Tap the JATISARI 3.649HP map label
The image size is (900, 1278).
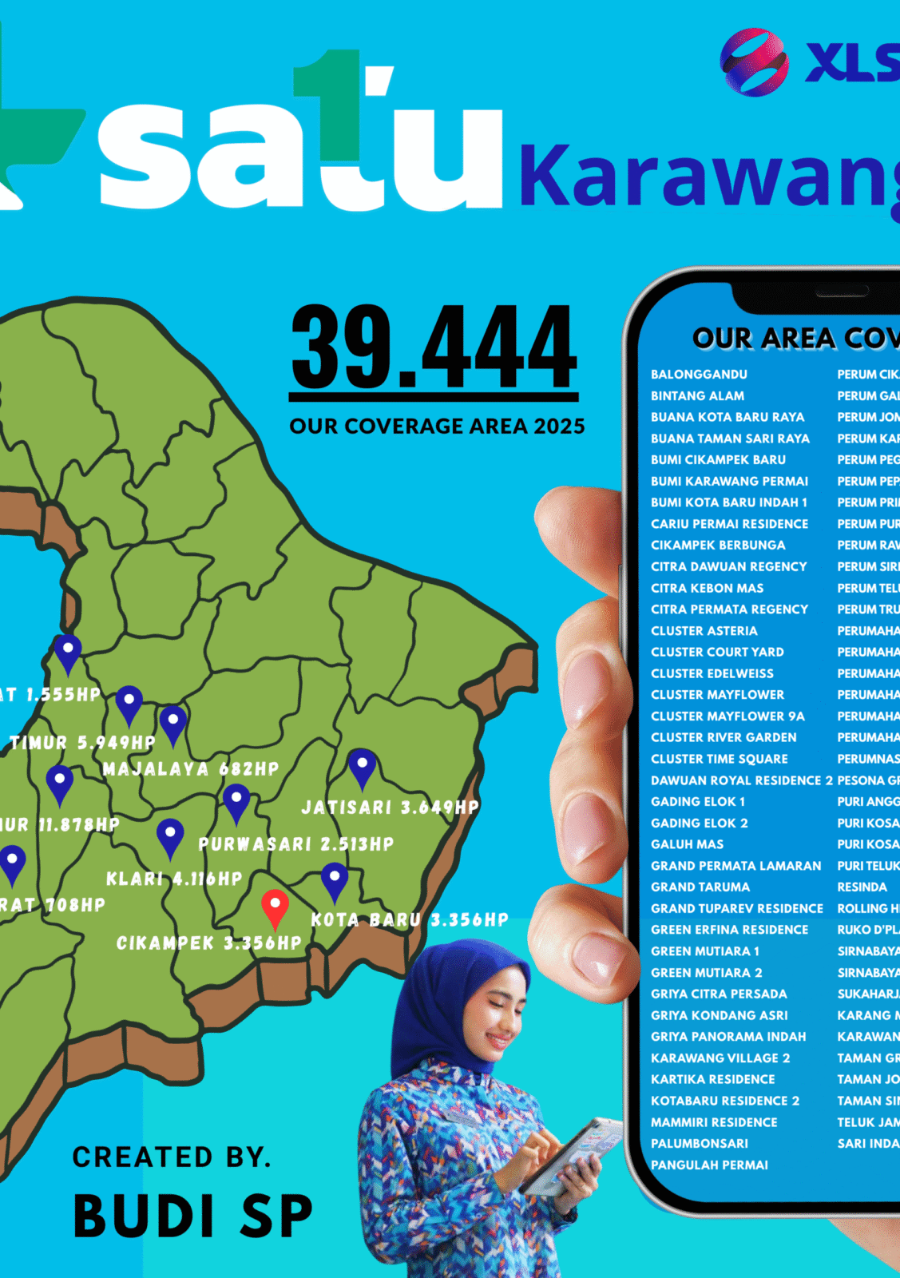point(390,808)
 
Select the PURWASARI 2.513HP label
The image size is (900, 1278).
point(296,844)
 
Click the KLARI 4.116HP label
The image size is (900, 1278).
point(174,879)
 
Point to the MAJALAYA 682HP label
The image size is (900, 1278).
point(191,769)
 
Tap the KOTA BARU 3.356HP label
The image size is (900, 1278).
point(410,920)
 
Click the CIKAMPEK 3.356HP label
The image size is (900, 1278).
point(209,943)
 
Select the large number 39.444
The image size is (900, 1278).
point(434,347)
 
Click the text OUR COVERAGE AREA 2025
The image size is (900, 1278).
point(437,427)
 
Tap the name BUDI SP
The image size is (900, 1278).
point(192,1216)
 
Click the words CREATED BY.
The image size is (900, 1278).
point(172,1157)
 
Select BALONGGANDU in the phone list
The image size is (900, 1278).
point(699,375)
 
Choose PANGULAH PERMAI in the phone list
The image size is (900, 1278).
point(709,1165)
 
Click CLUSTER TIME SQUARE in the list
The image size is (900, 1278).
point(719,759)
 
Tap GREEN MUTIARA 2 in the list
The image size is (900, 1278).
point(706,973)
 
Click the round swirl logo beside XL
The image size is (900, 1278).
point(754,62)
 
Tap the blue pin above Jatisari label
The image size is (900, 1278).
point(362,767)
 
